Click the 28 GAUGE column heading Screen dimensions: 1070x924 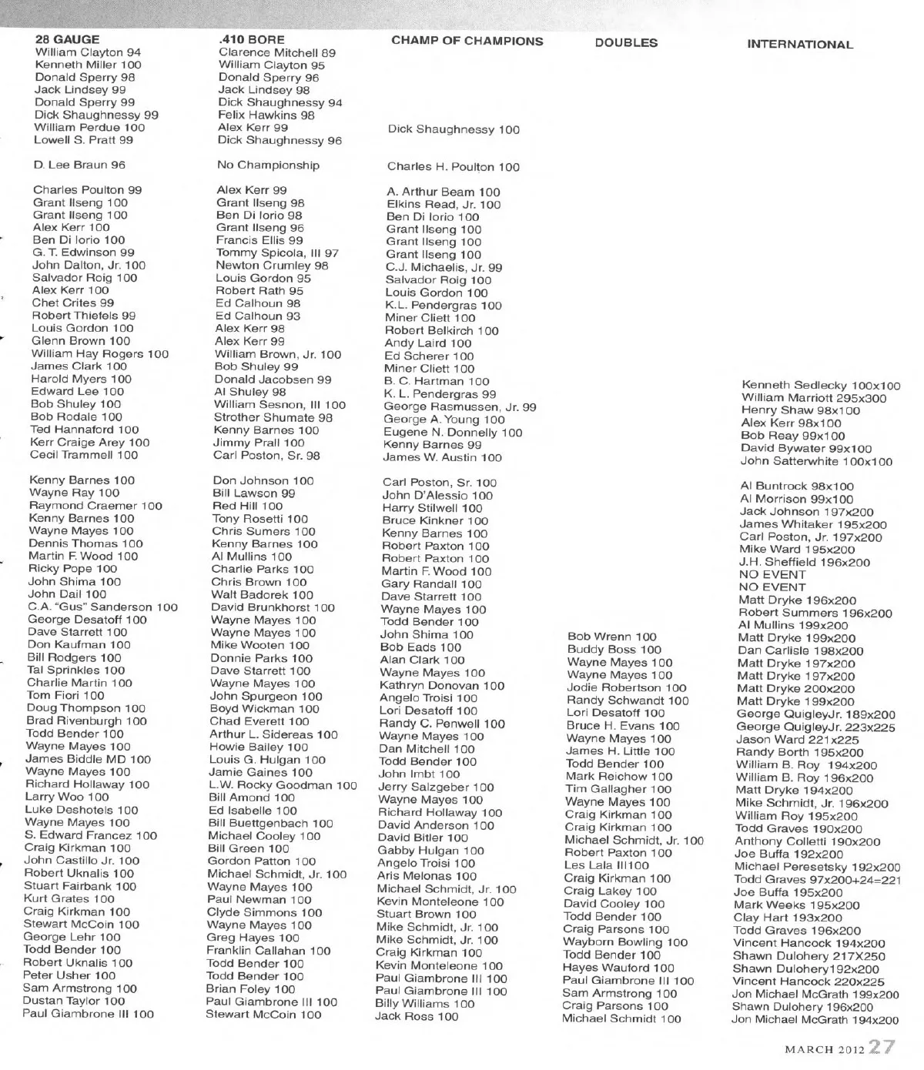point(67,39)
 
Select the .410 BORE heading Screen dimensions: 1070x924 point(251,39)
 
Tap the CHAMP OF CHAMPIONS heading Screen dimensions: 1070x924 point(467,41)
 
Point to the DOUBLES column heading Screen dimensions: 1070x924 point(626,43)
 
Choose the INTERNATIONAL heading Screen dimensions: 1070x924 point(799,45)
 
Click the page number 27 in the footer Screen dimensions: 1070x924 point(882,1047)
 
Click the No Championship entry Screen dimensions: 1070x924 point(268,165)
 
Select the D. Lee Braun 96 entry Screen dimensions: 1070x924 point(79,165)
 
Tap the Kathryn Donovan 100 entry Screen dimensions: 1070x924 point(441,685)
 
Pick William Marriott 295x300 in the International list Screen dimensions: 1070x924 point(814,398)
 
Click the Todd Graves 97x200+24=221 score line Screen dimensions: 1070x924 point(817,879)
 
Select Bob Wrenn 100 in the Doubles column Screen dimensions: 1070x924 point(611,637)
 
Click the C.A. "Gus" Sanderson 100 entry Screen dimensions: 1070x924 point(102,607)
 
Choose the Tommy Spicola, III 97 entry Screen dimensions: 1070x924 point(277,252)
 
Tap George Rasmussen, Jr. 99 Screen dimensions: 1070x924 point(460,406)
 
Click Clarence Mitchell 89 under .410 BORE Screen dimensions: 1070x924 point(277,52)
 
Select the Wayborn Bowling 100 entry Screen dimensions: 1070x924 point(624,942)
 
